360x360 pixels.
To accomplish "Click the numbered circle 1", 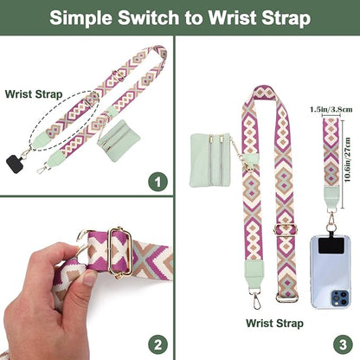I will pyautogui.click(x=156, y=183).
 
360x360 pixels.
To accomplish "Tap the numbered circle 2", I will pyautogui.click(x=156, y=341).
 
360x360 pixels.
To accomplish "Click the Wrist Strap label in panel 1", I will pyautogui.click(x=29, y=93).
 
